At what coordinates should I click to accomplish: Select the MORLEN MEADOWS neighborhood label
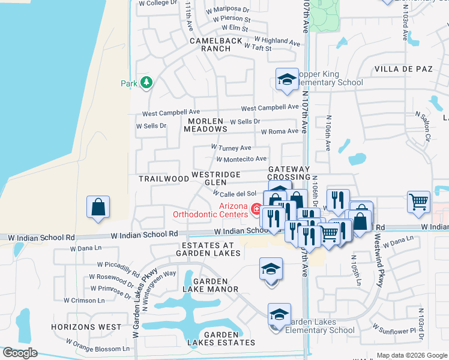pos(205,125)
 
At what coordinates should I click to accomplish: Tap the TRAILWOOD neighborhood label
pos(164,179)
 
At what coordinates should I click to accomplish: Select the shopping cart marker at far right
pos(418,201)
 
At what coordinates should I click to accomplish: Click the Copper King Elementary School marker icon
pos(287,79)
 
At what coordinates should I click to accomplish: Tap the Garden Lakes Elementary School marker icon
pos(279,314)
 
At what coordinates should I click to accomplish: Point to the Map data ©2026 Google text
pos(412,355)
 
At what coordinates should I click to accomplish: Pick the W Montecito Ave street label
pos(241,159)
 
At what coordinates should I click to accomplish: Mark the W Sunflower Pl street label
pos(394,329)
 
